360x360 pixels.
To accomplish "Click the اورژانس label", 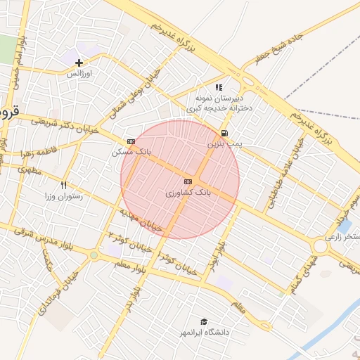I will coord(80,73).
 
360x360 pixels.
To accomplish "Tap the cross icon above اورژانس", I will coord(79,63).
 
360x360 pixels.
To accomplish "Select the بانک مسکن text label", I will coord(130,151).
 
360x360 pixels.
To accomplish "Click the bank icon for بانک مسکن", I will coord(131,141).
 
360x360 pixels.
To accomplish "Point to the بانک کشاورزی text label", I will coord(188,191).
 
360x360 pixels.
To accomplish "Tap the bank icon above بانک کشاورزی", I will coord(188,181).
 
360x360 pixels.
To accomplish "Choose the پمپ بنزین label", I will coord(224,143).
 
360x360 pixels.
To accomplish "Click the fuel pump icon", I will coord(224,133).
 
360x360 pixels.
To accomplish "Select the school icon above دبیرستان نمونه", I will coord(219,87).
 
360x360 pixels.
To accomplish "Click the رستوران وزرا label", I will coord(63,195).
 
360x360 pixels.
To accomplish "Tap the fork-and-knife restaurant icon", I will coord(63,185).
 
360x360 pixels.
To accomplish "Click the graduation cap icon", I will coord(204,321).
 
